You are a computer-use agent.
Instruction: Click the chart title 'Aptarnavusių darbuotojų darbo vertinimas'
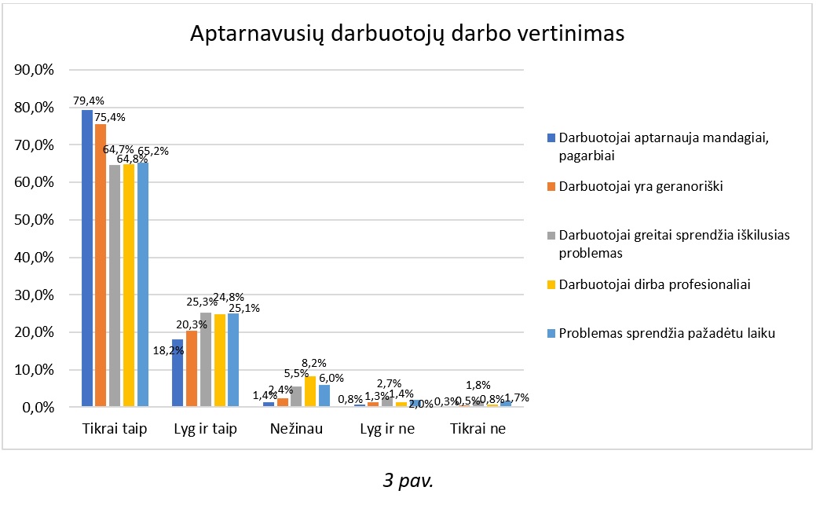[x=407, y=35]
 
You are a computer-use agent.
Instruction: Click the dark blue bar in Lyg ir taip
[x=177, y=373]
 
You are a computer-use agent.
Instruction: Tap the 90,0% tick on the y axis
[x=34, y=70]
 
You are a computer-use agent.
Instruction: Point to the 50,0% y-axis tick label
[x=34, y=220]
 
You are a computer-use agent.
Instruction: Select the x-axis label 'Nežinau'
[x=296, y=429]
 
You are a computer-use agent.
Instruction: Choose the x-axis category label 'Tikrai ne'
[x=478, y=429]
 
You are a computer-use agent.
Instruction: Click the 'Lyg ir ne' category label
[x=387, y=429]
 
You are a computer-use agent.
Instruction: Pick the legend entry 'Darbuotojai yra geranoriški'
[x=641, y=186]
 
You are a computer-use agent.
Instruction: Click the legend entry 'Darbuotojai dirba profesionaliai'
[x=655, y=284]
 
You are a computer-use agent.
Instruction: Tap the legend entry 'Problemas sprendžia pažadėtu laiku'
[x=667, y=333]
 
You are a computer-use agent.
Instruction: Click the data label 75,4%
[x=110, y=117]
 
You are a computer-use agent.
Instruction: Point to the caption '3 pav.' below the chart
[x=408, y=480]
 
